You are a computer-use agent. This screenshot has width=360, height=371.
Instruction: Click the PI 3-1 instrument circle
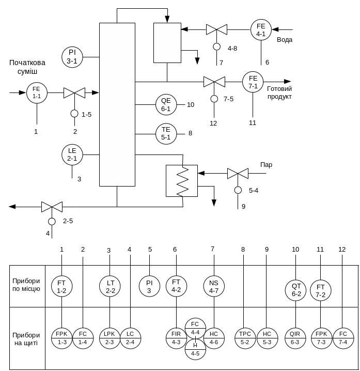click(72, 56)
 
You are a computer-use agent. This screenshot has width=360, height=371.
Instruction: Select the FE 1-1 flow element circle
click(37, 93)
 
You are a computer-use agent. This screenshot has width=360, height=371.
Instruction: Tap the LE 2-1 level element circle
click(72, 154)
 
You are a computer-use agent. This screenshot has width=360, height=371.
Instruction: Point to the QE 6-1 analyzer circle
click(166, 105)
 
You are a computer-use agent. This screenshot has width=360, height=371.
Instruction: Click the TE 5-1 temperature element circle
click(166, 134)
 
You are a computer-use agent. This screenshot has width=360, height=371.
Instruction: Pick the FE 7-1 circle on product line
click(253, 82)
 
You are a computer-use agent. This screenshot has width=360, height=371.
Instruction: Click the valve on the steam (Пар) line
click(238, 174)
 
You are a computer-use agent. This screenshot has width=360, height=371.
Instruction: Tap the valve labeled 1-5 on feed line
click(74, 93)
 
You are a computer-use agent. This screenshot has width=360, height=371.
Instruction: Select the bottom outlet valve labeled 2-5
click(52, 207)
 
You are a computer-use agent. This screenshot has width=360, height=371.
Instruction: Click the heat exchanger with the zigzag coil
click(181, 180)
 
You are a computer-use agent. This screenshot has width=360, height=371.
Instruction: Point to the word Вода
click(285, 40)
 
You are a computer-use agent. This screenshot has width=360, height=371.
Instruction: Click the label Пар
click(266, 165)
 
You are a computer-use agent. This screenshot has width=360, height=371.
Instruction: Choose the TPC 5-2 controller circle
click(245, 337)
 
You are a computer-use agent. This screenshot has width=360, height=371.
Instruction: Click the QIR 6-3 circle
click(296, 337)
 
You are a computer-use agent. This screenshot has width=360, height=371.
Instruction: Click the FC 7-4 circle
click(343, 337)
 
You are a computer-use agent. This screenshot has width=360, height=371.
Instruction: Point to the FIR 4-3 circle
click(176, 337)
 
